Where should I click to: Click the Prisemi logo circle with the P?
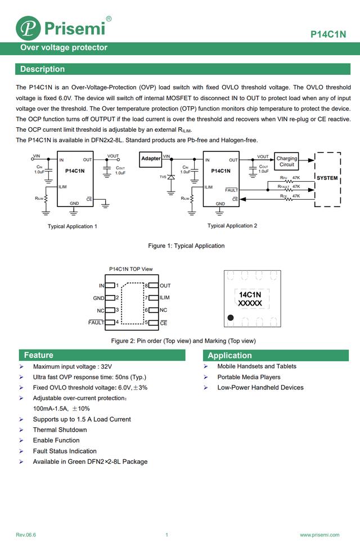point(28,28)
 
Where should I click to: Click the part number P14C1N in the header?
point(328,34)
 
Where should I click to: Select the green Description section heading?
point(43,69)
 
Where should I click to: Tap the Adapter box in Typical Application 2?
point(151,159)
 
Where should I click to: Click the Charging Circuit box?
point(286,162)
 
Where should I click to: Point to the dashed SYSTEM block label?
point(327,178)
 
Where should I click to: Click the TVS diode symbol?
point(170,177)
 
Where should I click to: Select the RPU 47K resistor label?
point(290,178)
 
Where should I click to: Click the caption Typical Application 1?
point(72,226)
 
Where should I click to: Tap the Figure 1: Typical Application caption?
point(186,246)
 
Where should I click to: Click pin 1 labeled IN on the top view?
point(110,285)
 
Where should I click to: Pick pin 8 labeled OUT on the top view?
point(154,285)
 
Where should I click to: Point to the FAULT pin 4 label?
point(96,322)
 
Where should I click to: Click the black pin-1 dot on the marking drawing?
point(231,317)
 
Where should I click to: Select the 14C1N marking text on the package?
point(250,295)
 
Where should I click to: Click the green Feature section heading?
point(39,355)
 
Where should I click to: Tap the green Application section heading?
point(229,356)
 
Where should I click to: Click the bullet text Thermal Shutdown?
point(60,429)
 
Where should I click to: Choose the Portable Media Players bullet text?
point(249,377)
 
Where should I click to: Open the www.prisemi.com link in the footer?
point(319,535)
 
